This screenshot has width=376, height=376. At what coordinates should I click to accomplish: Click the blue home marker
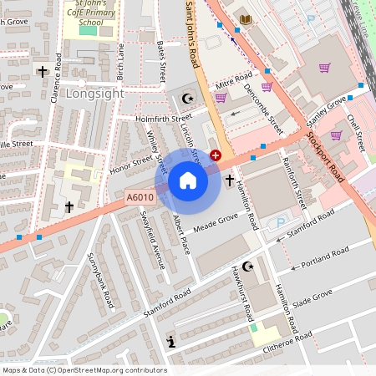[x=188, y=180]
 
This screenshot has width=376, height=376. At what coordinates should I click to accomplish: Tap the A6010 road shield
[x=139, y=197]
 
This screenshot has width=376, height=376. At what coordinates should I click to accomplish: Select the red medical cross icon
[x=216, y=155]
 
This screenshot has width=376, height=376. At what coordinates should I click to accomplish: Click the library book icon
[x=245, y=19]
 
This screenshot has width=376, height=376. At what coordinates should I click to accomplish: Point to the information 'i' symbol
[x=171, y=341]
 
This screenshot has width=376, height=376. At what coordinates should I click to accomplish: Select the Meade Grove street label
[x=216, y=221]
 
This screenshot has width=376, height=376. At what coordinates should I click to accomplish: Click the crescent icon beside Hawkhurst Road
[x=246, y=267]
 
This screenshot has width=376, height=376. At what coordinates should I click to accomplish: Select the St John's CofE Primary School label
[x=89, y=14]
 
